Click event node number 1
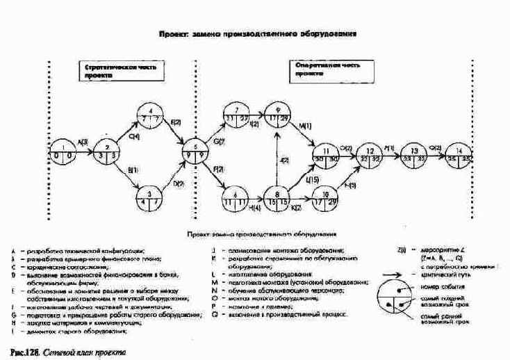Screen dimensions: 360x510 (x=63, y=150)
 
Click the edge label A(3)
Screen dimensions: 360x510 (x=83, y=142)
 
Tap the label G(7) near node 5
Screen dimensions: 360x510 (x=218, y=142)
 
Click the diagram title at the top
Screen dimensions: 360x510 (x=258, y=33)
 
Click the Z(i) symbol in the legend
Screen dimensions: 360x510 (x=402, y=249)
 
